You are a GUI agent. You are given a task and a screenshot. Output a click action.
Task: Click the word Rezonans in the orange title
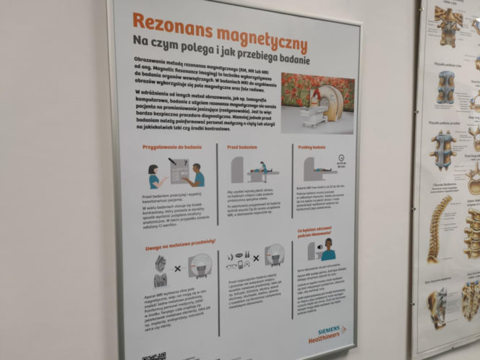point(171,24)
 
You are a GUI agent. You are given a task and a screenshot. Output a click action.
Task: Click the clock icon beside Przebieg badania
point(339,156)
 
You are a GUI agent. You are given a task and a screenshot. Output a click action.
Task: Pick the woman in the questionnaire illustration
point(154,176)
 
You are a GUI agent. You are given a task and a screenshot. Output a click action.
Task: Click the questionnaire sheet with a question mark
point(175,171)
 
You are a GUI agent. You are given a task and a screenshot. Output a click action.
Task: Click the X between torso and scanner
point(178,269)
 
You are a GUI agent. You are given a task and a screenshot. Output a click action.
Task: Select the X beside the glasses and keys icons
point(254,258)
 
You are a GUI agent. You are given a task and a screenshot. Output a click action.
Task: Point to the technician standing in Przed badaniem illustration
point(265,169)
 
